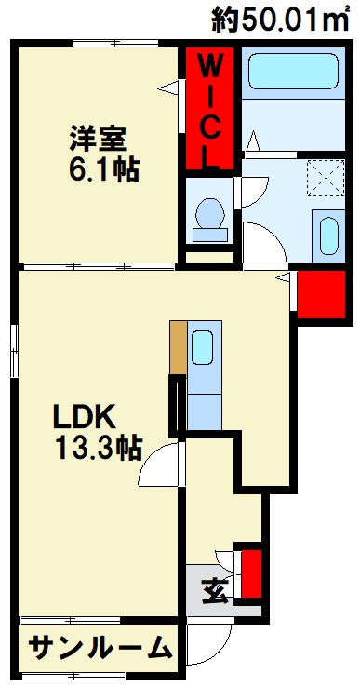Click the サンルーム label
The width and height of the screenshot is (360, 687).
pos(100,647)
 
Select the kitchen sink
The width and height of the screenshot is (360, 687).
pos(204,348)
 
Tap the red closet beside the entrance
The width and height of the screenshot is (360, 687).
pos(251,573)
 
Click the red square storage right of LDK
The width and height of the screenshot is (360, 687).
pos(314,293)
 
